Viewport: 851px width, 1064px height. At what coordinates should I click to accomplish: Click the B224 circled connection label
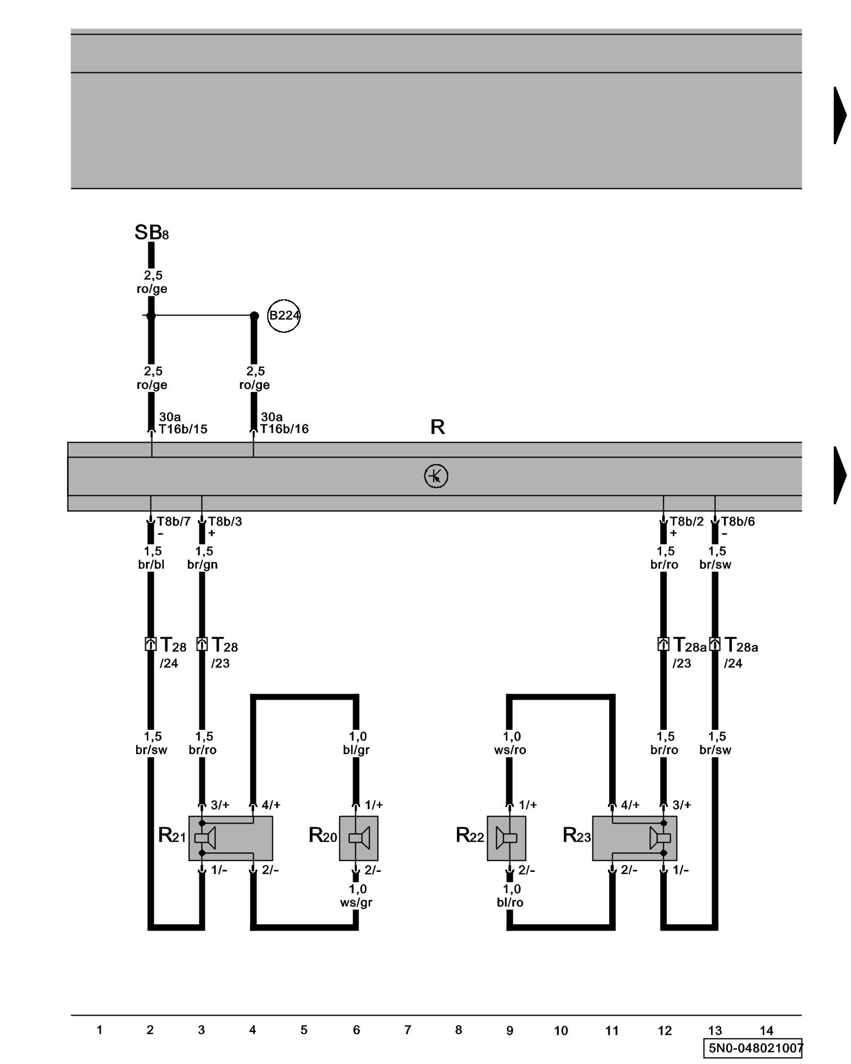click(283, 315)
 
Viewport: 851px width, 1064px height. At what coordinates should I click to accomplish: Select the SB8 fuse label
click(151, 232)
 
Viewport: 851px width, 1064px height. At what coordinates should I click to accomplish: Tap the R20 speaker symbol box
click(358, 838)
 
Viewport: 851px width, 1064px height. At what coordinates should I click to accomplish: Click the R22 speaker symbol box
click(506, 838)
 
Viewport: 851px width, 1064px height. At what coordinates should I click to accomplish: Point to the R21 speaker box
click(230, 838)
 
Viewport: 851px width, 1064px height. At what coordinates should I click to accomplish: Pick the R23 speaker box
click(635, 838)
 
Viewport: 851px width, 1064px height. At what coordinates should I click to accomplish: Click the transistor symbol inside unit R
click(436, 476)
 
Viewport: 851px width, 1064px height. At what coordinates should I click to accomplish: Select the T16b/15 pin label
click(183, 429)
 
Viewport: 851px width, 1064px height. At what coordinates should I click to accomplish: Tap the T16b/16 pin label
click(285, 429)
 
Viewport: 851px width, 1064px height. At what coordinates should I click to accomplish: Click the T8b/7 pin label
click(173, 521)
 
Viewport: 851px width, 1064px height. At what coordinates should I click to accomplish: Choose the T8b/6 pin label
click(738, 521)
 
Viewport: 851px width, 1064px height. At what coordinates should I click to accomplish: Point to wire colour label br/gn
click(202, 564)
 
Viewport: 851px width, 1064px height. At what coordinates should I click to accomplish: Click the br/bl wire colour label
click(151, 564)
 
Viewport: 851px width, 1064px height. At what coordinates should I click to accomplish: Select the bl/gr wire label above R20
click(356, 750)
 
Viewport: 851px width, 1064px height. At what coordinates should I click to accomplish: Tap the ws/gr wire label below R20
click(356, 903)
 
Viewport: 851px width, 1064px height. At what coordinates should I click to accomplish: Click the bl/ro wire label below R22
click(510, 903)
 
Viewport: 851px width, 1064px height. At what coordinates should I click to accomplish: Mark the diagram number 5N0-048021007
click(755, 1048)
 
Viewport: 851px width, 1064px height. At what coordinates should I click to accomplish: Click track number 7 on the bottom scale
click(407, 1030)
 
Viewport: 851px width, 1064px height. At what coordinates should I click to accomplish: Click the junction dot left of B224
click(254, 316)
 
